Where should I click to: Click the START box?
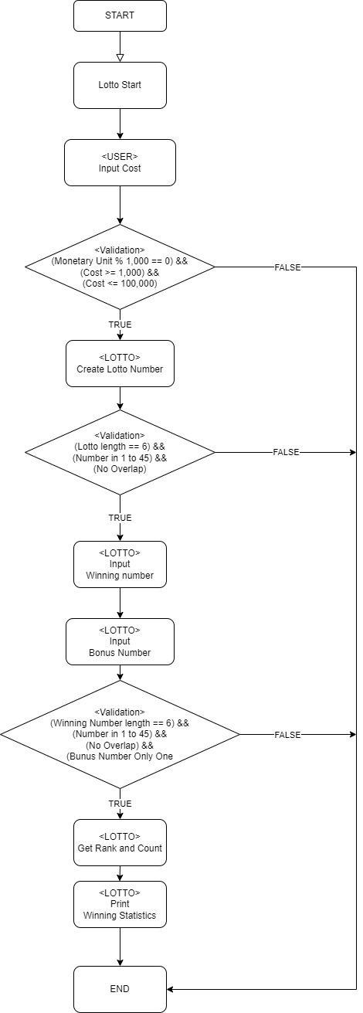pos(120,15)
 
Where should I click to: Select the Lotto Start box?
pos(120,86)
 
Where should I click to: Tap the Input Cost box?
pos(120,163)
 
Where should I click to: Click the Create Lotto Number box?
pos(120,364)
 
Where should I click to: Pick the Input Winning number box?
pos(120,564)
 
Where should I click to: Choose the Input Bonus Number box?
pos(120,641)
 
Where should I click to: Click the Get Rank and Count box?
pos(120,842)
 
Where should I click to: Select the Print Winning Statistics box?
pos(120,905)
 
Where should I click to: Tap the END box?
pos(120,990)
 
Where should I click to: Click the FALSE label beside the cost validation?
pos(287,267)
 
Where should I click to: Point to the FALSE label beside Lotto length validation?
pos(286,452)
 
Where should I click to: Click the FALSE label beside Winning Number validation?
pos(287,735)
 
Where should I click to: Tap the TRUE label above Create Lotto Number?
pos(120,325)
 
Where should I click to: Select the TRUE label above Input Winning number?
pos(120,518)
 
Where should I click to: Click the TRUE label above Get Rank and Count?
pos(120,804)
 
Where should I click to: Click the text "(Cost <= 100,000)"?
pos(120,284)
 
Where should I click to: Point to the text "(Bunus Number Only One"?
pos(120,756)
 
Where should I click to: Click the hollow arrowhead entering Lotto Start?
pos(120,58)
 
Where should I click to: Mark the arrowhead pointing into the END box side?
pos(170,990)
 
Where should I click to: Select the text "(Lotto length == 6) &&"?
pos(120,447)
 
